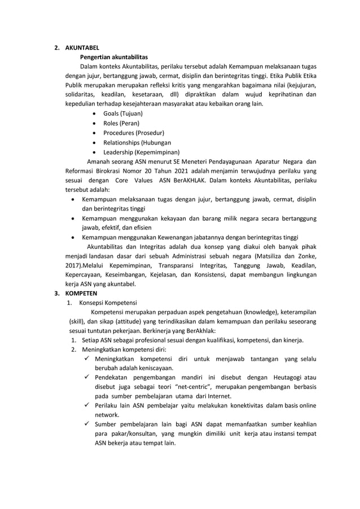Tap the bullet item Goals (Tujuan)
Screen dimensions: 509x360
point(122,113)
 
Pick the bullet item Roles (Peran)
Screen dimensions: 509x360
point(121,123)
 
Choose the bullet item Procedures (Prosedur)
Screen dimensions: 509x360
point(133,133)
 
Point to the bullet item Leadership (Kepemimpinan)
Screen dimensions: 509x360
point(141,152)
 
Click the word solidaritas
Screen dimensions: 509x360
point(77,94)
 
